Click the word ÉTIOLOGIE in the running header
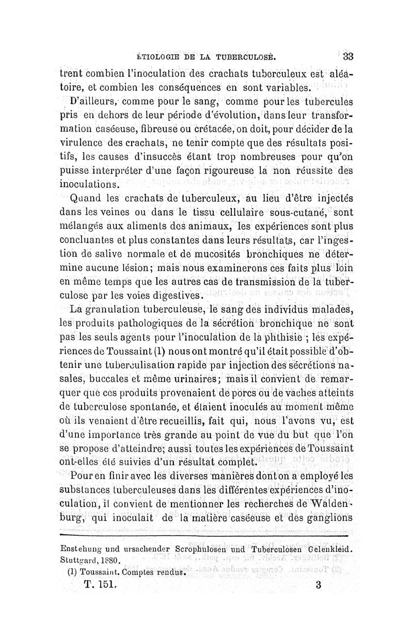point(156,57)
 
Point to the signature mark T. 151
point(102,586)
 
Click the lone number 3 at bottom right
point(317,586)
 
